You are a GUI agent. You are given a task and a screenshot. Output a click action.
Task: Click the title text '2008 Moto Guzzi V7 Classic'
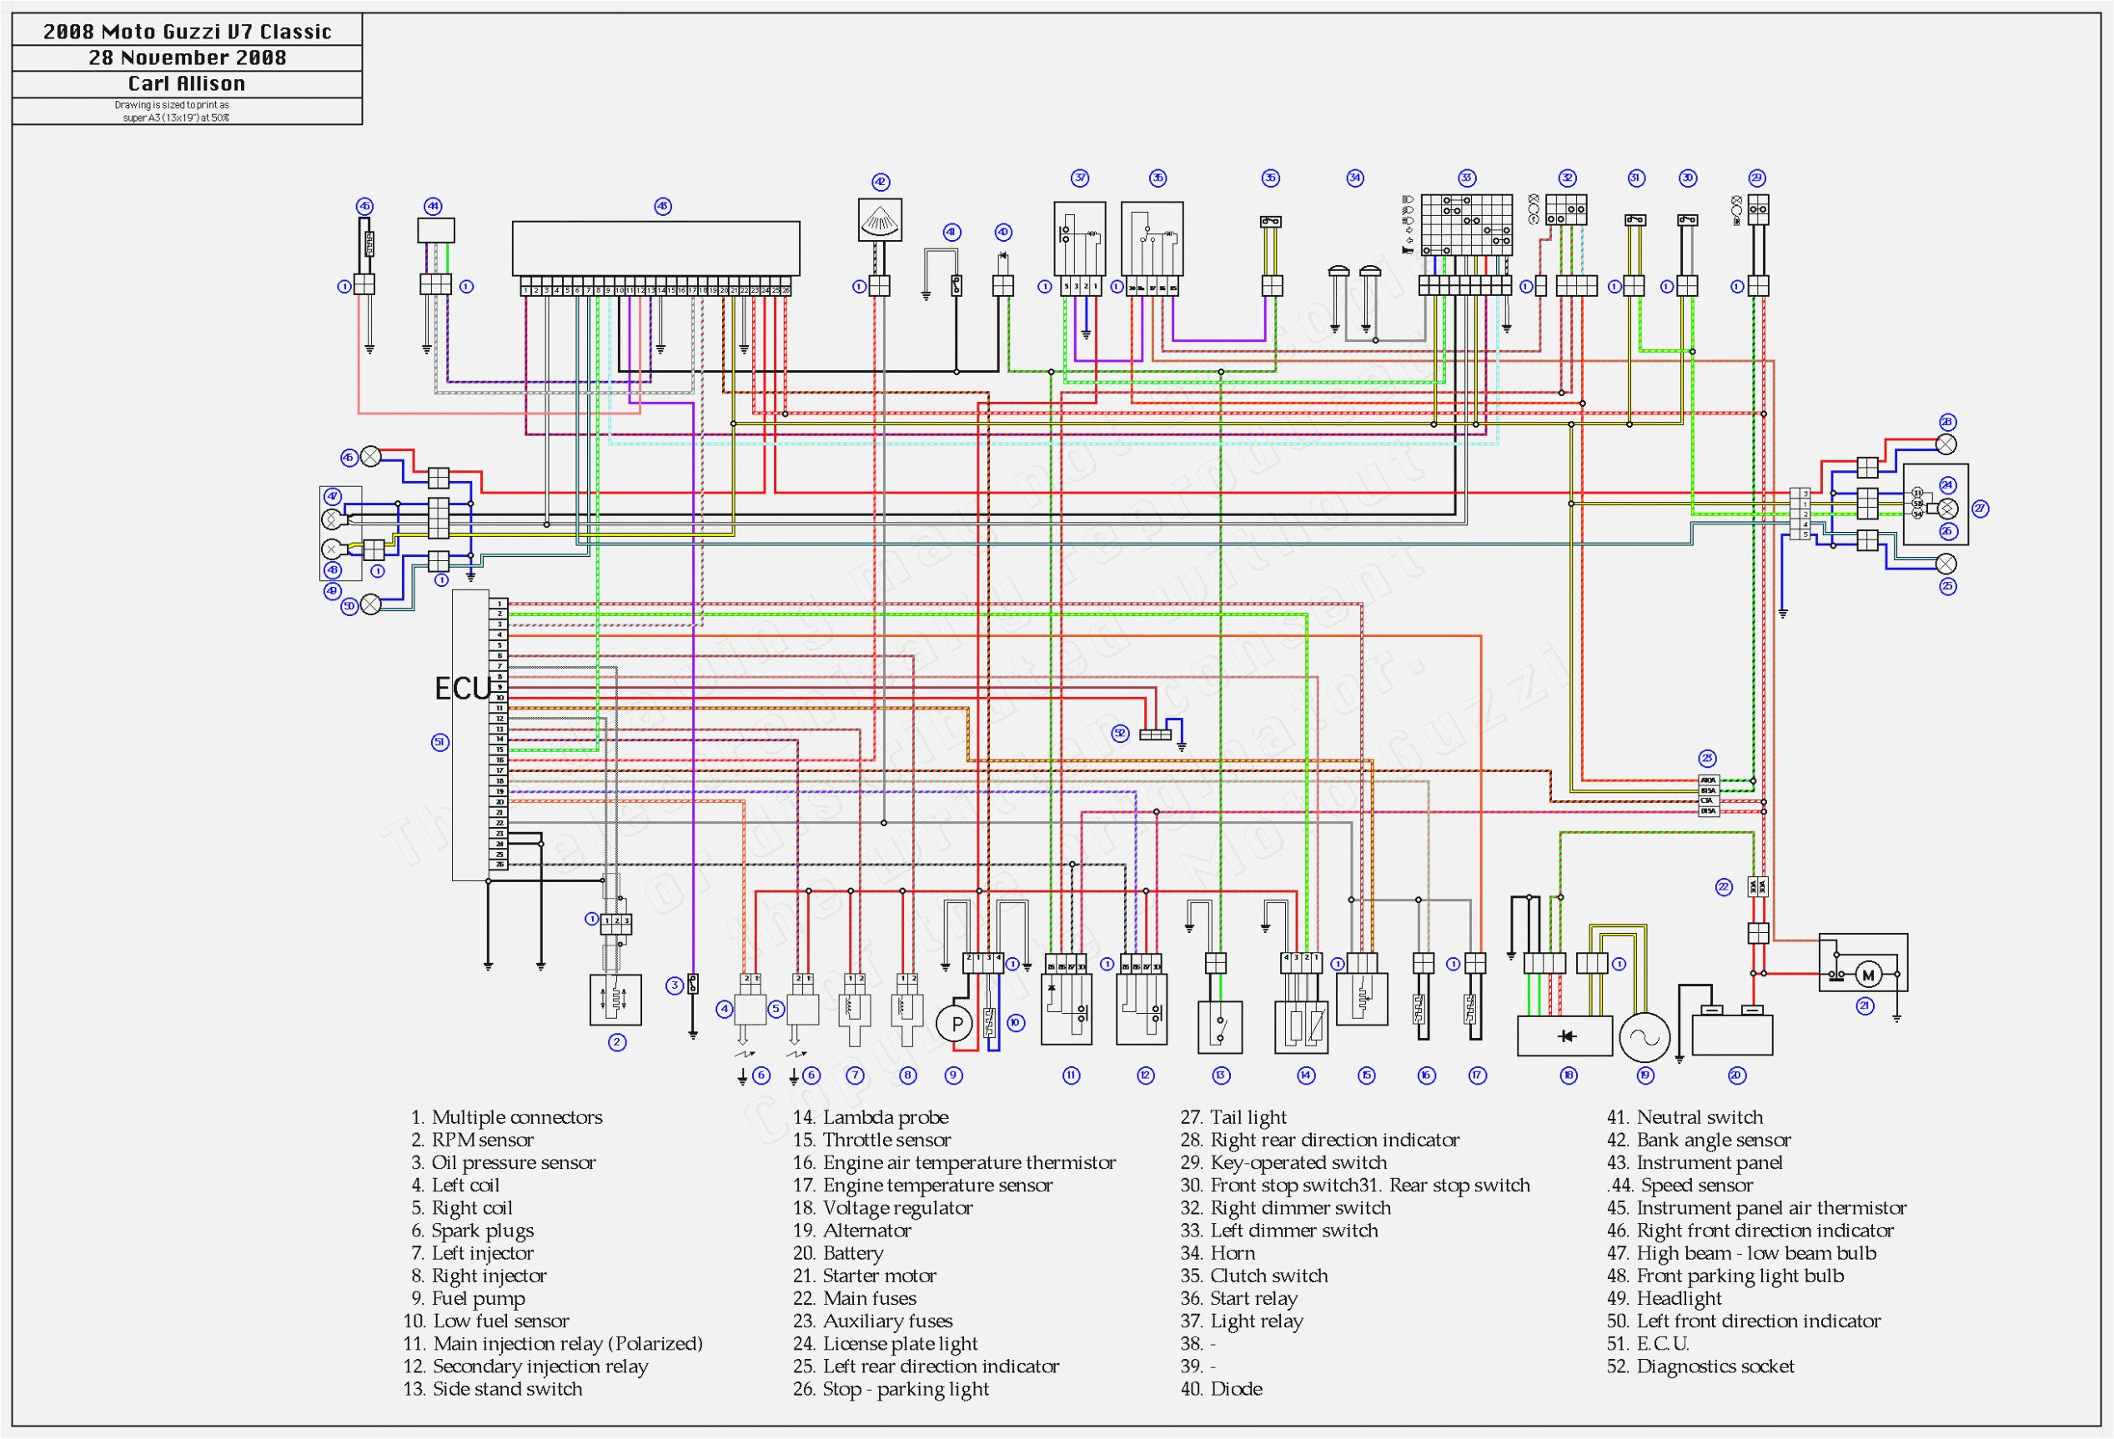(x=187, y=32)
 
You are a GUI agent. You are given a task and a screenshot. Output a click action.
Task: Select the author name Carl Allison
(x=187, y=83)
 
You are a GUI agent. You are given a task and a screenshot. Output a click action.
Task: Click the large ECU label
(x=462, y=689)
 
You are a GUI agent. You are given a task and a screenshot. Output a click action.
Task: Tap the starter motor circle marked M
(x=1867, y=975)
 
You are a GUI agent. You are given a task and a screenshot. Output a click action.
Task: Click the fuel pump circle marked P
(x=956, y=1023)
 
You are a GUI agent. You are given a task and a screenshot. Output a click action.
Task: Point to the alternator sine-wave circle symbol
(x=1645, y=1037)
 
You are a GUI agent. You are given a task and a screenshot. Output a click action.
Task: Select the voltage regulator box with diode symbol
(x=1564, y=1036)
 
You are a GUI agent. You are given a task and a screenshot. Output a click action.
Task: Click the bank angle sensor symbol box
(x=880, y=220)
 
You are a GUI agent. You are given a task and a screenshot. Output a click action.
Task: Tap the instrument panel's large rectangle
(x=655, y=248)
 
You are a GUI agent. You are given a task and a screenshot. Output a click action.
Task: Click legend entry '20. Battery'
(x=838, y=1252)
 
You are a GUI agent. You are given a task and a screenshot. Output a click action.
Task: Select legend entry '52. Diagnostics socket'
(x=1700, y=1366)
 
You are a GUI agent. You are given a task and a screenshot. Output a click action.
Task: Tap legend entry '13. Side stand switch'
(x=493, y=1388)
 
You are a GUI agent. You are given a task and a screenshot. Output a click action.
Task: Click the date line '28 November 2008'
(x=187, y=58)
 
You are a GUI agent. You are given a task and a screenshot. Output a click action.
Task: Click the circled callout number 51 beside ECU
(x=439, y=742)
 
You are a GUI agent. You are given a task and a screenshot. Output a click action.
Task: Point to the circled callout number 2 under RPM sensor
(x=617, y=1042)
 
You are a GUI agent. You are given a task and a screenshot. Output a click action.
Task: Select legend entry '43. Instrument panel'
(x=1695, y=1161)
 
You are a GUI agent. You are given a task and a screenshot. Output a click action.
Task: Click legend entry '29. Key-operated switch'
(x=1283, y=1161)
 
